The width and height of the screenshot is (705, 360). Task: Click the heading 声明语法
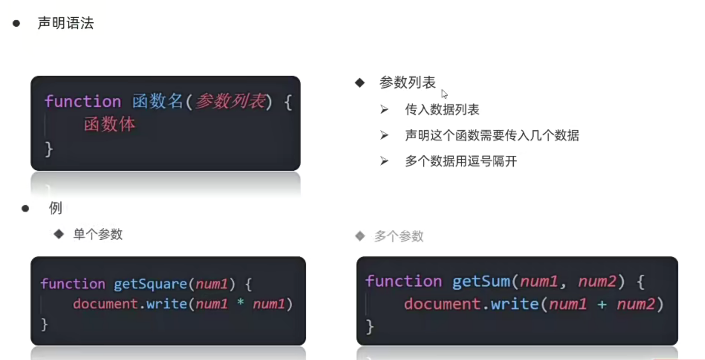pyautogui.click(x=65, y=23)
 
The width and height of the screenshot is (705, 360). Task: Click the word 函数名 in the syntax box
pyautogui.click(x=158, y=102)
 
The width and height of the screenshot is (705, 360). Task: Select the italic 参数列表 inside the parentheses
pyautogui.click(x=230, y=102)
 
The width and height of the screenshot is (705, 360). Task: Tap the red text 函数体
pyautogui.click(x=109, y=124)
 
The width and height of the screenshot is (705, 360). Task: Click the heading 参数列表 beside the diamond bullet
pyautogui.click(x=407, y=83)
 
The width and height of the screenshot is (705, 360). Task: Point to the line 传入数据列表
pyautogui.click(x=442, y=109)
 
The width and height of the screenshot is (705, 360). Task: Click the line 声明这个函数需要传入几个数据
pyautogui.click(x=492, y=135)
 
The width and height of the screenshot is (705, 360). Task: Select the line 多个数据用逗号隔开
pyautogui.click(x=460, y=161)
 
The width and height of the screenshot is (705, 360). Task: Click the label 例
pyautogui.click(x=55, y=208)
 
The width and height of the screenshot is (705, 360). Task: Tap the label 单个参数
pyautogui.click(x=98, y=234)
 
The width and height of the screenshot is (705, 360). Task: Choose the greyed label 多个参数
pyautogui.click(x=399, y=237)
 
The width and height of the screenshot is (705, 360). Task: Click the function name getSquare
pyautogui.click(x=150, y=284)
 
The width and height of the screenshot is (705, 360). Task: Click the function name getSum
pyautogui.click(x=481, y=282)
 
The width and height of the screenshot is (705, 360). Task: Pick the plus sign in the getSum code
pyautogui.click(x=602, y=304)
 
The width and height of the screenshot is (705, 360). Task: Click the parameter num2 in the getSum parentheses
pyautogui.click(x=598, y=282)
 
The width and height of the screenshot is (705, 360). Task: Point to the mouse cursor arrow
pyautogui.click(x=444, y=94)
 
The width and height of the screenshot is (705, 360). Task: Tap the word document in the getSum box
pyautogui.click(x=442, y=304)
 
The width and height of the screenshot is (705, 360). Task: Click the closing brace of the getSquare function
pyautogui.click(x=45, y=324)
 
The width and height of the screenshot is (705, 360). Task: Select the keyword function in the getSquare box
pyautogui.click(x=73, y=284)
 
